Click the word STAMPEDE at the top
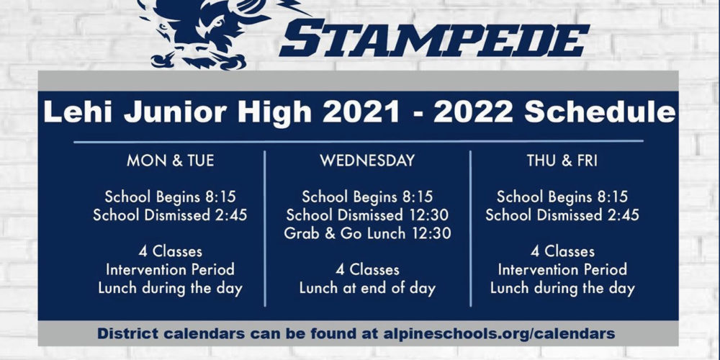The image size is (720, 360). point(434,40)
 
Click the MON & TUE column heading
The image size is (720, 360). point(171,161)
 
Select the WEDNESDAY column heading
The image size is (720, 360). point(367,161)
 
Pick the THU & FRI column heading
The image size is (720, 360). point(562,161)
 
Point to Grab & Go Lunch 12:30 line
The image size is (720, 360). point(367,233)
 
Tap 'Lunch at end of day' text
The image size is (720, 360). point(367,289)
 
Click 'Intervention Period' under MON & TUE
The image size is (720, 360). point(171,269)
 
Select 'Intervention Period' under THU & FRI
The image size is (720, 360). point(562,269)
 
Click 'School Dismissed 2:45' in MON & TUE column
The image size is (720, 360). point(171,215)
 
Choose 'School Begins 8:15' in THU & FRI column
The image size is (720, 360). point(562,197)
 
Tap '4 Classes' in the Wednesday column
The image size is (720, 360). point(367,269)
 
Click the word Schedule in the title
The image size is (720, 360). point(600,113)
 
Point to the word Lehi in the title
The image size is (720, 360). point(78,113)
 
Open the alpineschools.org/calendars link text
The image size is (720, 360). point(499,334)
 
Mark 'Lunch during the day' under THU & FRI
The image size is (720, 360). point(562,289)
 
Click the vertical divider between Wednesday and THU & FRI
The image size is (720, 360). point(471,229)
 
